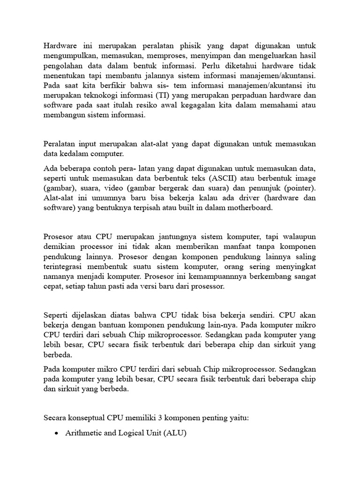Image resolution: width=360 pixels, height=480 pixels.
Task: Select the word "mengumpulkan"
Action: (x=67, y=56)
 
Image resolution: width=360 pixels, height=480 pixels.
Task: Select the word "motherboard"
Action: (x=248, y=208)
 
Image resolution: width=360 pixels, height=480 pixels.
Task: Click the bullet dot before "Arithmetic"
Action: (x=56, y=434)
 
